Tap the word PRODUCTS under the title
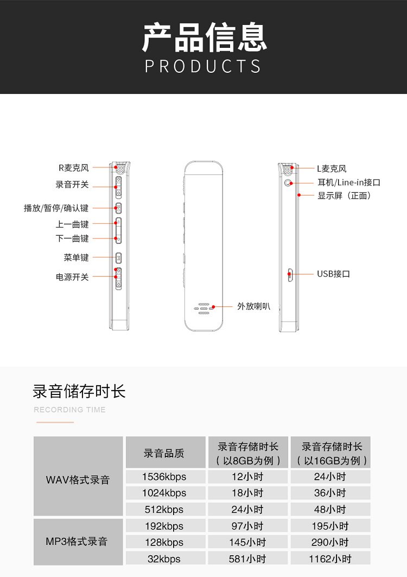203,66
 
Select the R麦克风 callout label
73,168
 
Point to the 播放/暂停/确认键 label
56,208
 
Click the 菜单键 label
76,258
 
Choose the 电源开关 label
72,277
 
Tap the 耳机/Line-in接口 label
349,183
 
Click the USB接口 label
333,274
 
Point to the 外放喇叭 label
253,306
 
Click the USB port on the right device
290,274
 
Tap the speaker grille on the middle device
203,308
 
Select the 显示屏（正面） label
344,196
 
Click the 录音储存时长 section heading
79,391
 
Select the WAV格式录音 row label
78,480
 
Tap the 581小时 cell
247,559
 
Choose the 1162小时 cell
330,559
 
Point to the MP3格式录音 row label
77,542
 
